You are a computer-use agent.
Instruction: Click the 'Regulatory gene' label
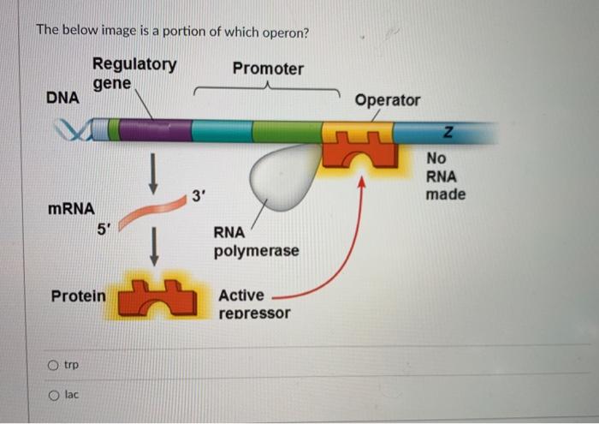(x=134, y=74)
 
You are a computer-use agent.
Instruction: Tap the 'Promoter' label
(x=268, y=69)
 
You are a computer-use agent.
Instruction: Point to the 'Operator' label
(x=388, y=100)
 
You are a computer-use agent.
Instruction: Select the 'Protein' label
(x=79, y=296)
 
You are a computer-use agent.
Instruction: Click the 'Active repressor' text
(x=254, y=304)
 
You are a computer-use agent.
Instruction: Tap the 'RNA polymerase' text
(x=256, y=242)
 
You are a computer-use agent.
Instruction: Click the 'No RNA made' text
(x=445, y=176)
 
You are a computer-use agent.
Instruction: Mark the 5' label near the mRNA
(x=103, y=229)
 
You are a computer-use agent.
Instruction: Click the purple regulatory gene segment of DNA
(x=154, y=131)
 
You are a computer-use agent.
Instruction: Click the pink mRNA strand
(x=154, y=213)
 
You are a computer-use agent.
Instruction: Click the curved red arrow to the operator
(x=342, y=257)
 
